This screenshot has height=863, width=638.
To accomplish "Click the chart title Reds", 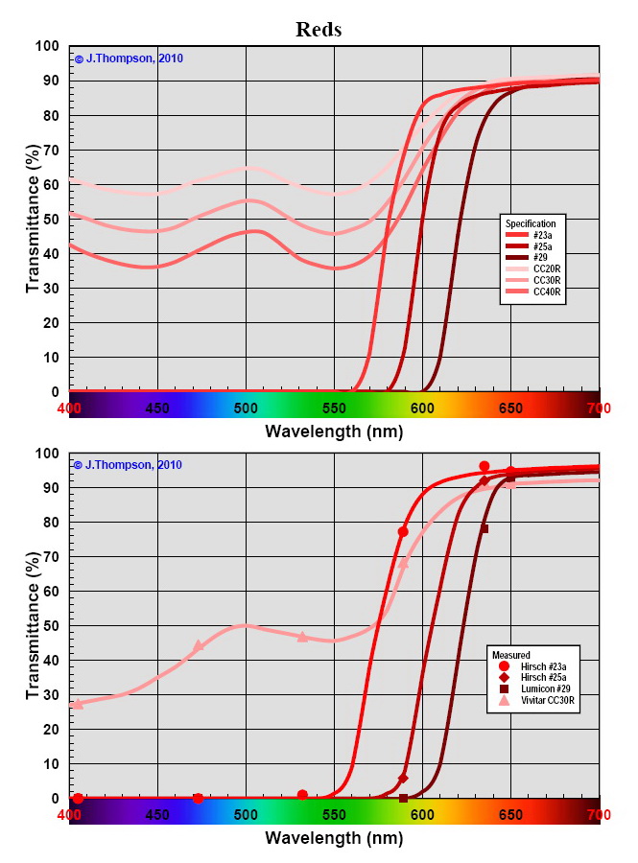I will [319, 30].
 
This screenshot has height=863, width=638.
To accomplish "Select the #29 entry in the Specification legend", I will [544, 258].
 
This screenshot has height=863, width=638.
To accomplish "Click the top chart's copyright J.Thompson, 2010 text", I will [129, 58].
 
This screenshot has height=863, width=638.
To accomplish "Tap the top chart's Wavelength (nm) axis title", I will [334, 431].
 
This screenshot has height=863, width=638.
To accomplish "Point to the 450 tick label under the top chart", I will [157, 408].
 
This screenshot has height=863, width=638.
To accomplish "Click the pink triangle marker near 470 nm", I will [199, 645].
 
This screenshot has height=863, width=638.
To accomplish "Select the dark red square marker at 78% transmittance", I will [484, 528].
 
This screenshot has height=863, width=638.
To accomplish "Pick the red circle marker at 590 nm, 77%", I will [403, 531].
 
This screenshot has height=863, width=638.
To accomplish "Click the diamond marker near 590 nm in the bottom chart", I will [403, 778].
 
